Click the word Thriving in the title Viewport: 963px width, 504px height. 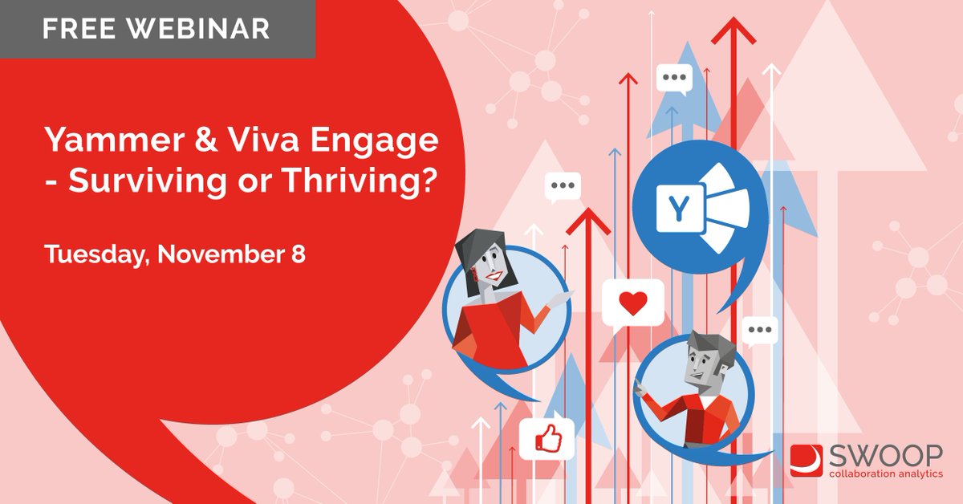pyautogui.click(x=354, y=184)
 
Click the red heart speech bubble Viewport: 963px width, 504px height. pyautogui.click(x=632, y=304)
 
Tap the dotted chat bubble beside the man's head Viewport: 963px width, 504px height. pyautogui.click(x=759, y=329)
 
